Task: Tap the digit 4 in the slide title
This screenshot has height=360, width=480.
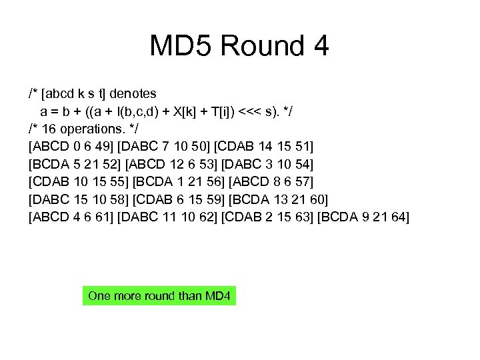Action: [319, 47]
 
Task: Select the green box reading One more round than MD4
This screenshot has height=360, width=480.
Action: [159, 295]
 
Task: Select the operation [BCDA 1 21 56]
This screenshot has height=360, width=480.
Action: [179, 182]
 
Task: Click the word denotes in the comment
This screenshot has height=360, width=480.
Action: [133, 92]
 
